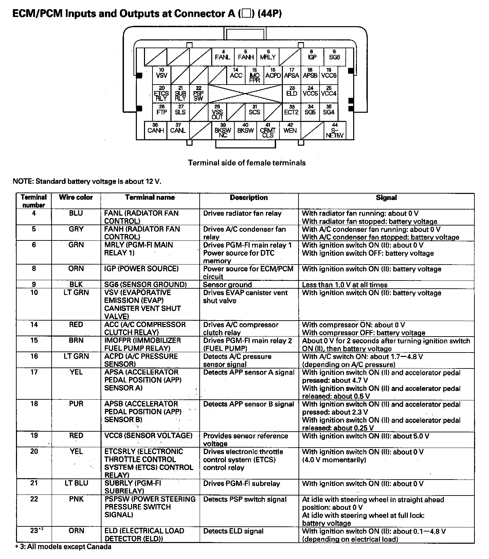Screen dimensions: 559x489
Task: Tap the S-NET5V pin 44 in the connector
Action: [x=335, y=131]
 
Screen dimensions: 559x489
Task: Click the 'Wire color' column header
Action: [x=76, y=197]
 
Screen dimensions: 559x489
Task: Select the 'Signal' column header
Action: [x=386, y=197]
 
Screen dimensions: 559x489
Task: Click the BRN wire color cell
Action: [x=76, y=340]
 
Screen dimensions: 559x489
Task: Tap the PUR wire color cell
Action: [x=76, y=404]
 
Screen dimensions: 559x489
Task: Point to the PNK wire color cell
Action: [x=76, y=499]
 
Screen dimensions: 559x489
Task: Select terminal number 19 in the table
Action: [x=34, y=435]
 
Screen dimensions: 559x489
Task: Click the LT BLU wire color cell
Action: [x=76, y=483]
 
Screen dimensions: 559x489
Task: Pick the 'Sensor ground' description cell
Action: [x=227, y=285]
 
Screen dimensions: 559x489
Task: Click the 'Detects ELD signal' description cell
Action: [x=234, y=531]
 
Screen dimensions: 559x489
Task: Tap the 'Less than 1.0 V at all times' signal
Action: [x=345, y=285]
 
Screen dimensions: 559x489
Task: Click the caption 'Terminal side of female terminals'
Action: [x=247, y=163]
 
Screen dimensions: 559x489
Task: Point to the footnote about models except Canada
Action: [x=64, y=547]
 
